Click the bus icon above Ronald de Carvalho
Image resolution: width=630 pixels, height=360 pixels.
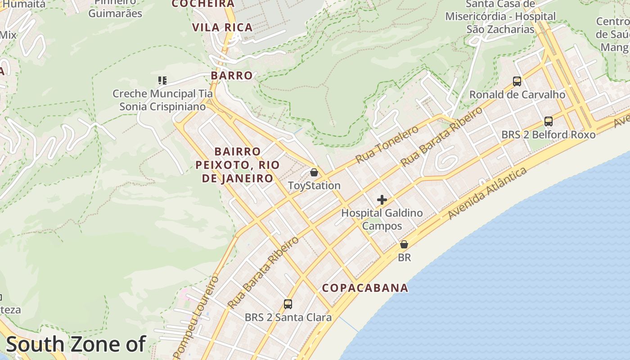pos(517,81)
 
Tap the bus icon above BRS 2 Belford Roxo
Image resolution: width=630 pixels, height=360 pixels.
pos(548,121)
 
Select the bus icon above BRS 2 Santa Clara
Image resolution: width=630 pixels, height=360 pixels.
pos(288,304)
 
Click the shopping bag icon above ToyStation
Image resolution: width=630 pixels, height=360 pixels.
pos(314,172)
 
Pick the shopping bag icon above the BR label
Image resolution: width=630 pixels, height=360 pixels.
pos(404,244)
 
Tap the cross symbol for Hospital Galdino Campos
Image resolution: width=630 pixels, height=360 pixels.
pos(382,200)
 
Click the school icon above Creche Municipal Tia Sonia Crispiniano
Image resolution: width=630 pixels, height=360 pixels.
pos(162,81)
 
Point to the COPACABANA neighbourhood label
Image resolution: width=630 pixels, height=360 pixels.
pos(365,288)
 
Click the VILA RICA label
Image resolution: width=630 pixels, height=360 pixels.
pos(222,27)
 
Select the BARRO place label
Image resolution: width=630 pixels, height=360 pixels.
pos(232,75)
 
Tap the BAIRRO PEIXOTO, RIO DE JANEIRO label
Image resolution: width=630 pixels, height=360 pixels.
pos(237,165)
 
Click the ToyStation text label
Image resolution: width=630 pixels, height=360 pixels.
pos(314,185)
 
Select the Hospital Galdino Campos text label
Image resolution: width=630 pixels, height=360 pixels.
pos(382,219)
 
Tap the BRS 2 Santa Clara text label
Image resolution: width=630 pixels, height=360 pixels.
pos(288,317)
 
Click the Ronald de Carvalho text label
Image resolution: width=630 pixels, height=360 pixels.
pos(517,94)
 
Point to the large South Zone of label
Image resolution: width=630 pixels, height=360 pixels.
pos(76,344)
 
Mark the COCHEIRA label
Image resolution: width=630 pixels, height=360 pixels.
pos(203,4)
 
